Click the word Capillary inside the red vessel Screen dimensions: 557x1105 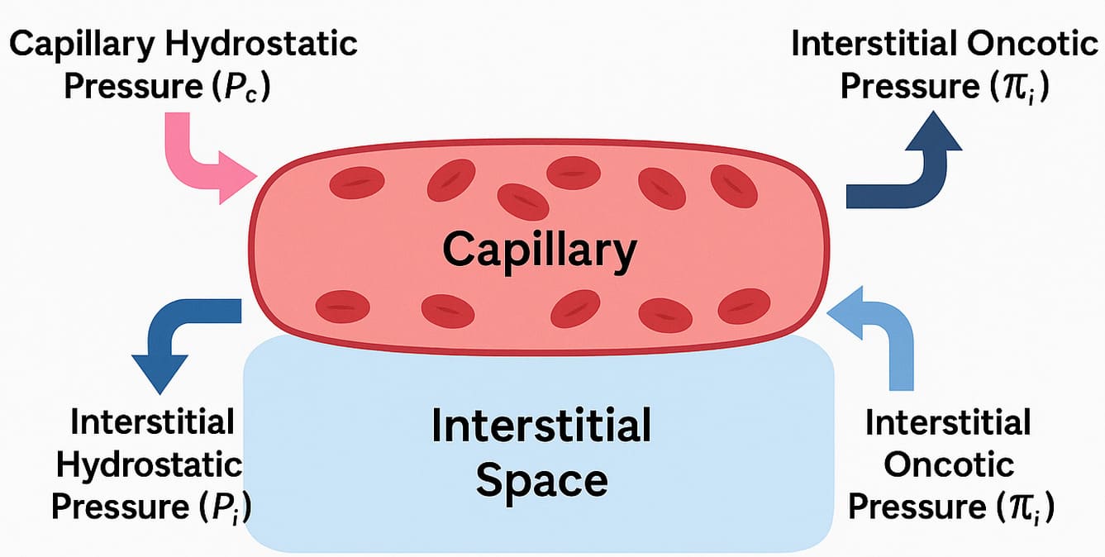539,247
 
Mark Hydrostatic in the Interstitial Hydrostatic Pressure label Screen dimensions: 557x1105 149,464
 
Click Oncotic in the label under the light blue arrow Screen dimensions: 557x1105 949,464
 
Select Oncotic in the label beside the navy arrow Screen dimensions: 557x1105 1033,44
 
